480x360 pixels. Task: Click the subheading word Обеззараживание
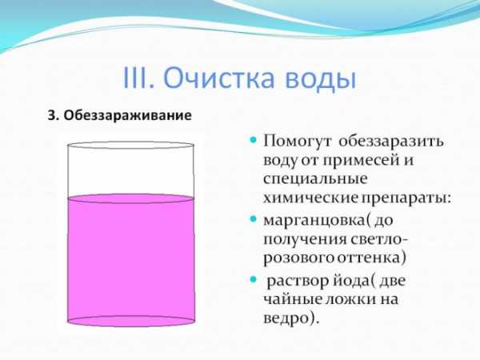click(128, 115)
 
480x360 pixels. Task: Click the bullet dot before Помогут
click(253, 141)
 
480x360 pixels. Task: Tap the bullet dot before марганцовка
click(253, 219)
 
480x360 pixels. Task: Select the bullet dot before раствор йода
click(253, 279)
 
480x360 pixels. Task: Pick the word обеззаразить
click(391, 142)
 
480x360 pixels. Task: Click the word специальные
click(315, 178)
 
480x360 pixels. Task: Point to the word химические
click(310, 198)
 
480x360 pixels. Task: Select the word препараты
click(404, 198)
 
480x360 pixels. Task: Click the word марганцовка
click(314, 221)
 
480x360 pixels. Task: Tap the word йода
click(350, 281)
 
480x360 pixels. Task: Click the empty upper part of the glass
click(130, 171)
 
